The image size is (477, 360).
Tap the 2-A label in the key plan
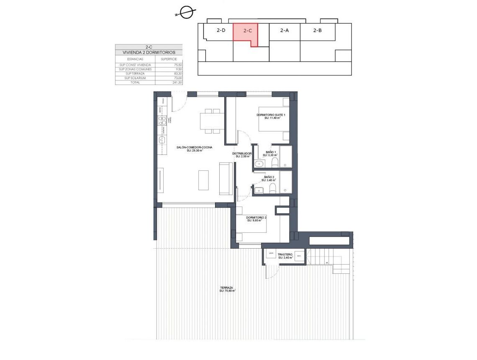coord(285,30)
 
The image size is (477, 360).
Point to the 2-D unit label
coord(221,30)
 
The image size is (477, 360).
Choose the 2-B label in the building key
coord(317,30)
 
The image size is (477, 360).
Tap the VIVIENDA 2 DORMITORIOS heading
coord(149,53)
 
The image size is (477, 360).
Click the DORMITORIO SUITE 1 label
coord(271,115)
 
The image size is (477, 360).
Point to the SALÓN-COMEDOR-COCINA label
coord(195,147)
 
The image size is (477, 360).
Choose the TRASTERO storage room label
coord(285,254)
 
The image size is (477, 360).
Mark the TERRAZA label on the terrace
coord(227,288)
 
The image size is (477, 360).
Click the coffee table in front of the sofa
coord(204,180)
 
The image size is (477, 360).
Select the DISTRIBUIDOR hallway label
coord(242,154)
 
